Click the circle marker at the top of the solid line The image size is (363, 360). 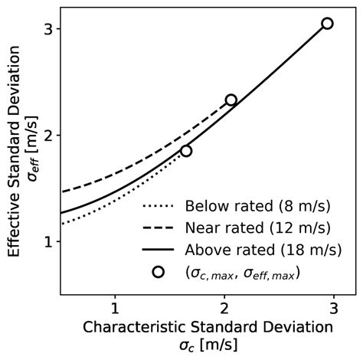pyautogui.click(x=327, y=23)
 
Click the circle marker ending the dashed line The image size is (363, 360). pyautogui.click(x=231, y=100)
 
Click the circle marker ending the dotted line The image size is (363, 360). pyautogui.click(x=186, y=151)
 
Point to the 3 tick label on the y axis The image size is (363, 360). pyautogui.click(x=47, y=29)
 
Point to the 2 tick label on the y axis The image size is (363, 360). pyautogui.click(x=47, y=136)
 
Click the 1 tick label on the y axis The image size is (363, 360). pyautogui.click(x=47, y=242)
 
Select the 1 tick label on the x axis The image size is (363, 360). pyautogui.click(x=115, y=309)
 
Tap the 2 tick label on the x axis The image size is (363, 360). pyautogui.click(x=224, y=309)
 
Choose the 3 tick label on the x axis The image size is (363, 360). pyautogui.click(x=334, y=309)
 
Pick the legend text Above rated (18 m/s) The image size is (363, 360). pyautogui.click(x=263, y=250)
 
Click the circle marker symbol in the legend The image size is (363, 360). pyautogui.click(x=159, y=272)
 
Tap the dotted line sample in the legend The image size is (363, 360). pyautogui.click(x=159, y=207)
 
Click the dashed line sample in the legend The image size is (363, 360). pyautogui.click(x=159, y=228)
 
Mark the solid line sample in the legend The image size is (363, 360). pyautogui.click(x=159, y=250)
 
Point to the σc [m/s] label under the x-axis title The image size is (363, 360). pyautogui.click(x=208, y=346)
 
